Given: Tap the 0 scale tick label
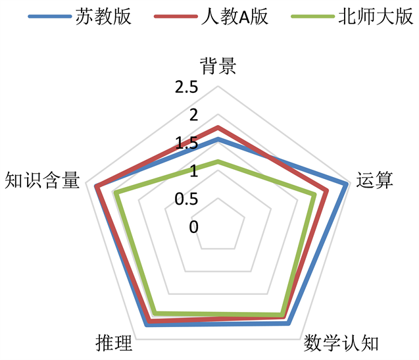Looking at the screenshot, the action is tap(193, 227).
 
